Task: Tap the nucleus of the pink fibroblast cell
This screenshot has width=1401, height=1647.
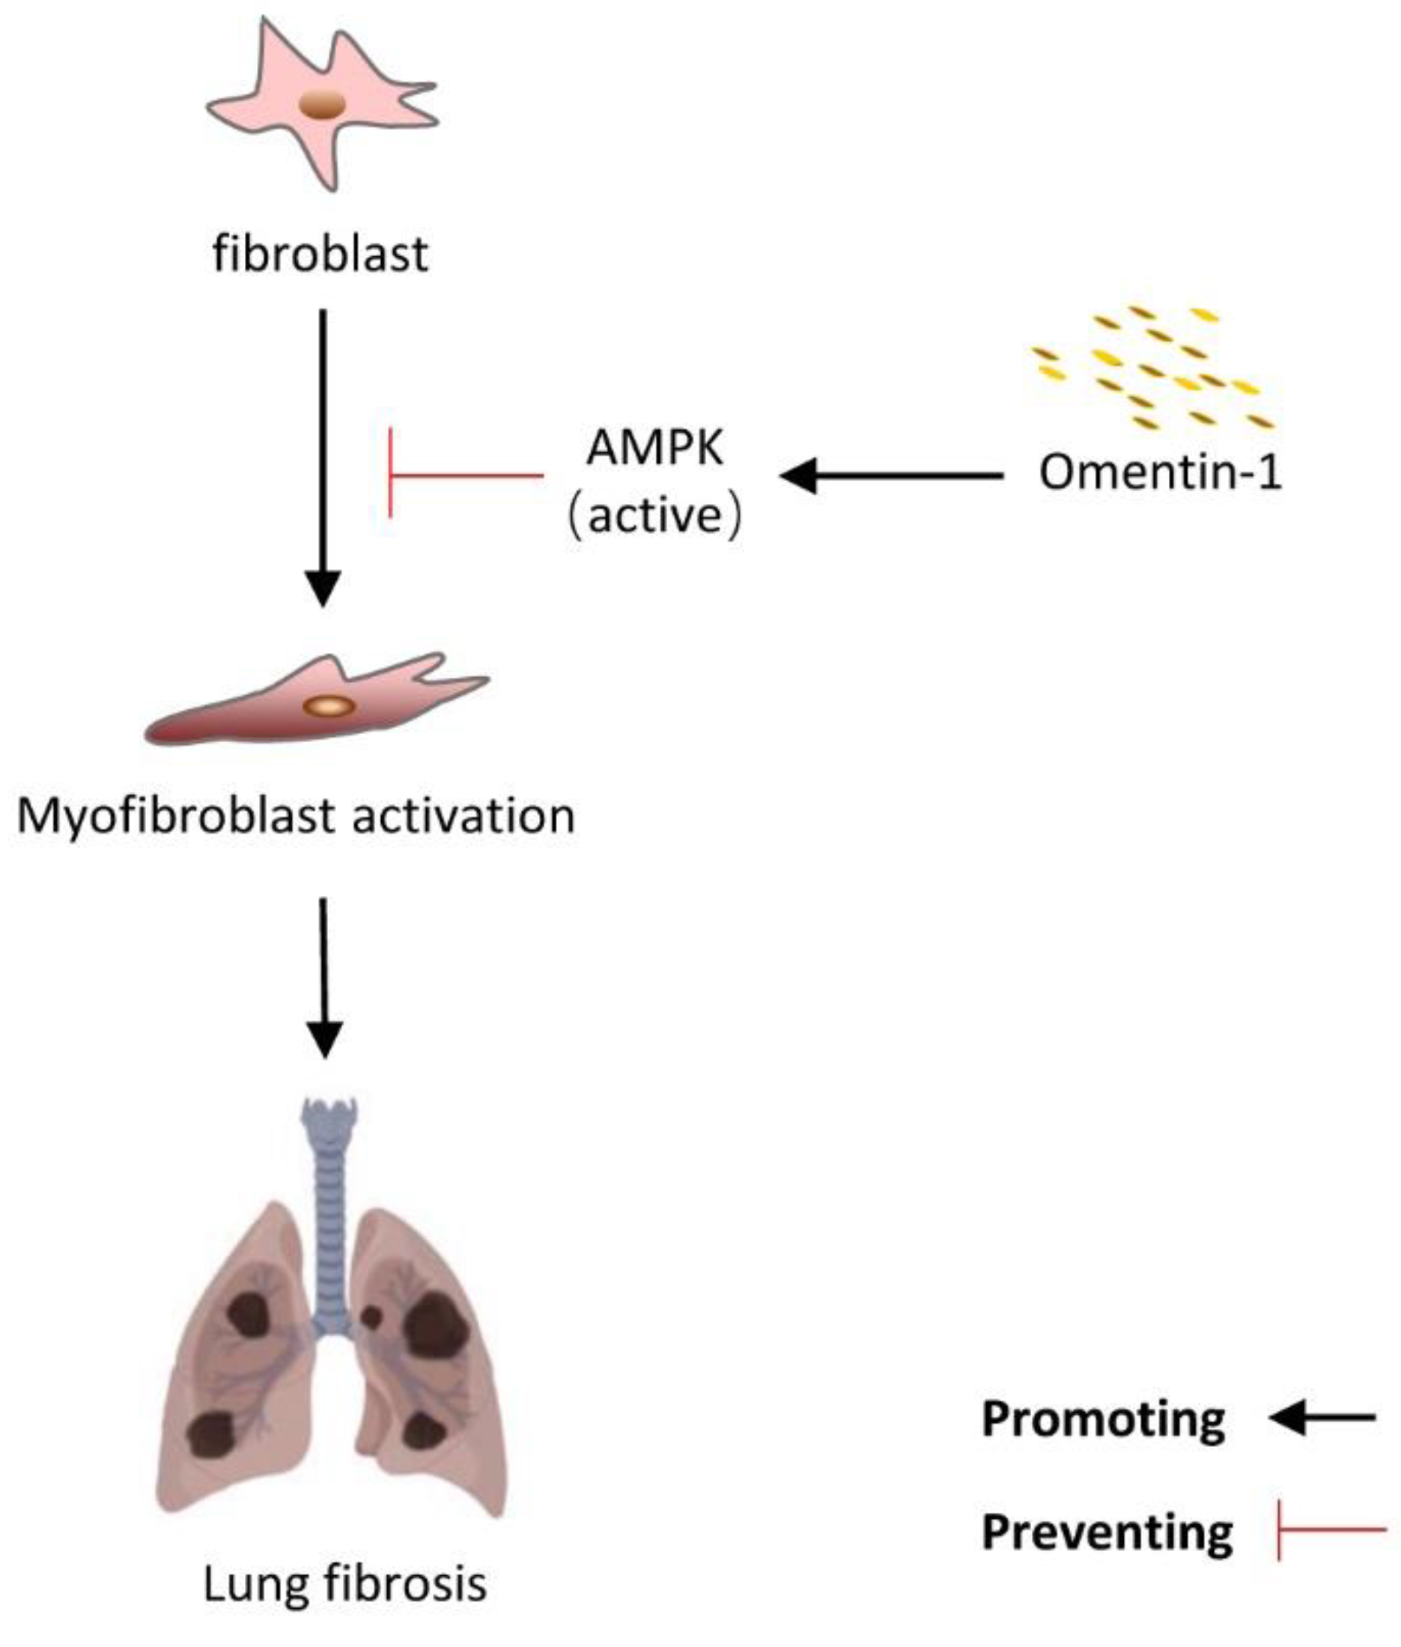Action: point(322,105)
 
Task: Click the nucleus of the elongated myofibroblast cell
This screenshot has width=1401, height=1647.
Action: point(329,706)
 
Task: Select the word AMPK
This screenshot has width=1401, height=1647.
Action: point(655,449)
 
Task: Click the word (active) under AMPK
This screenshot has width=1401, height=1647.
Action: point(655,517)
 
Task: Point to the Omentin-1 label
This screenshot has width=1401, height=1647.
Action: point(1161,473)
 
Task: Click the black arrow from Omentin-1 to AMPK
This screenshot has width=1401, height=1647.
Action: point(890,476)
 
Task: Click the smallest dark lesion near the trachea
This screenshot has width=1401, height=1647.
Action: point(371,1317)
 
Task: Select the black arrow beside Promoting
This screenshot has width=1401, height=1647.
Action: point(1322,1417)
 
